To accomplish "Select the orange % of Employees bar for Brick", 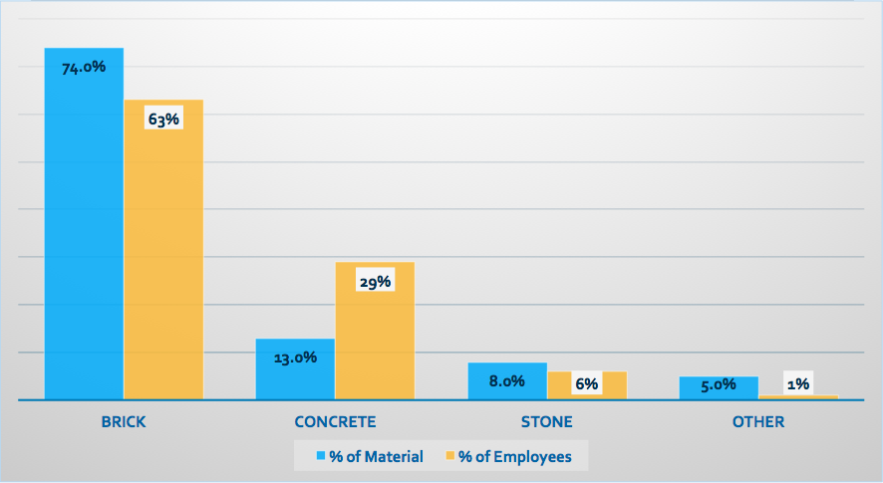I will coord(163,259).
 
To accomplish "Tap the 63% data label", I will coord(163,120).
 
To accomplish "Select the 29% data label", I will coord(375,282).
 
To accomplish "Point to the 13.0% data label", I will coord(295,358).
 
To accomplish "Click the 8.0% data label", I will coord(506,380).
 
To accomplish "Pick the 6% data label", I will coord(586,384).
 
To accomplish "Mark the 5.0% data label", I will coord(719,384).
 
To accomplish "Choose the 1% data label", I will coord(797,383).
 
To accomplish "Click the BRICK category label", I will coord(124,422).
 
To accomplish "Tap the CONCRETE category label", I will coord(335,422).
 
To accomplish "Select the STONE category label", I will coord(547,422).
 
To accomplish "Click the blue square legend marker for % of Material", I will coord(321,456).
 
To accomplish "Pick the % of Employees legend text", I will coord(514,457).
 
